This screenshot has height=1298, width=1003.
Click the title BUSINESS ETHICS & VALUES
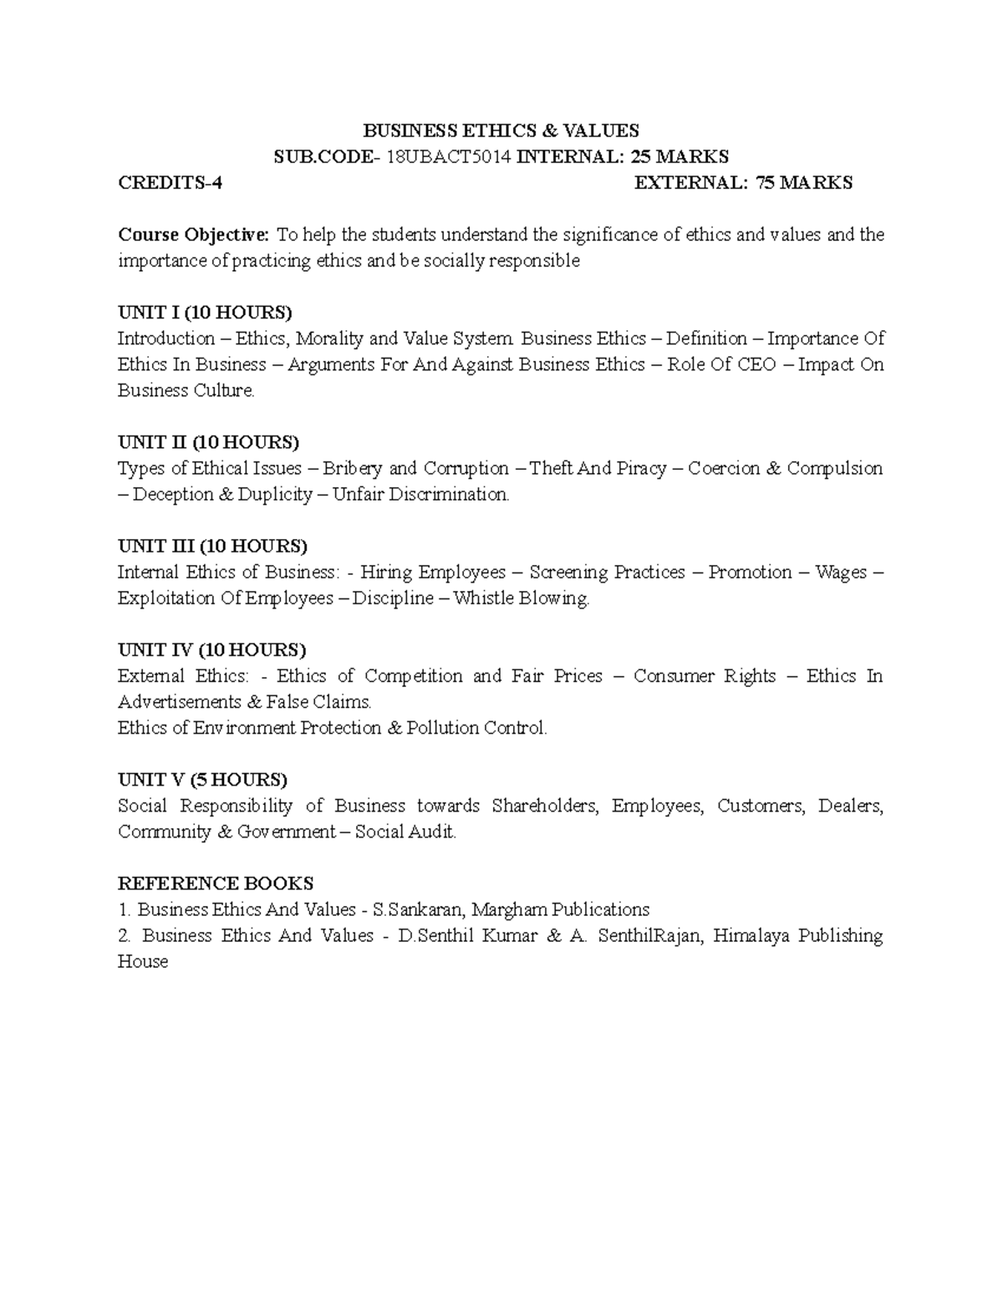(x=500, y=130)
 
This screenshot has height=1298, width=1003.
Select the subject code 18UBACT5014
(x=447, y=156)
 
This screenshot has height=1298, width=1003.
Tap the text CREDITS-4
(x=171, y=183)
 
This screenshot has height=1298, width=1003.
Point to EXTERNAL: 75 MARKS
(x=743, y=183)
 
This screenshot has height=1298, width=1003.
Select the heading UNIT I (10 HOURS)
(x=205, y=313)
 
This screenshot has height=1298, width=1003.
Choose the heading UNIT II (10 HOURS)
(x=208, y=442)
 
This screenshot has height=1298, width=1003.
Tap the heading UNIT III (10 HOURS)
(x=212, y=546)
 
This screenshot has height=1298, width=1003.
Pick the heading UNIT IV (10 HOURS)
(x=212, y=649)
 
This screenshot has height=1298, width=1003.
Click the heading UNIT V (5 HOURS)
(x=202, y=780)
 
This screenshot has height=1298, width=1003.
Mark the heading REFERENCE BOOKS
(x=216, y=883)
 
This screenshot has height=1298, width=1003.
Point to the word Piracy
(x=641, y=468)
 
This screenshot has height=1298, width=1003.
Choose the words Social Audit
(x=405, y=832)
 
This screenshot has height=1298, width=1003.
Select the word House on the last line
(x=143, y=961)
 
